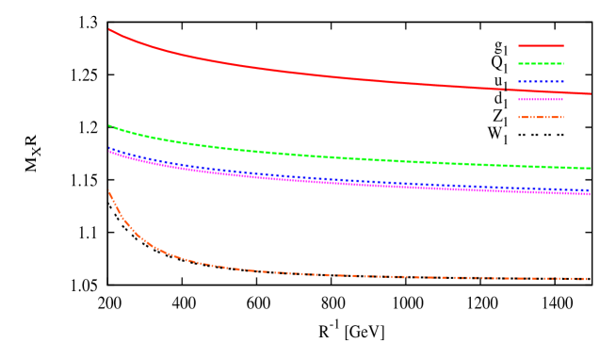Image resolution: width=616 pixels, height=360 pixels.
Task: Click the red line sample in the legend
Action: click(x=541, y=45)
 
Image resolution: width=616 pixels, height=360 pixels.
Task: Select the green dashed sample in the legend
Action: click(x=541, y=63)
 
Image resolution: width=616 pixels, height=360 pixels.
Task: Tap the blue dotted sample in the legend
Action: click(x=541, y=81)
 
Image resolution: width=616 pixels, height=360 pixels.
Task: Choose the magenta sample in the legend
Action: click(x=541, y=99)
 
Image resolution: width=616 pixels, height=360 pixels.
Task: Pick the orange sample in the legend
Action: click(x=541, y=117)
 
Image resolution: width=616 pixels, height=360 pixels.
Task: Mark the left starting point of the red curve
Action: click(x=109, y=29)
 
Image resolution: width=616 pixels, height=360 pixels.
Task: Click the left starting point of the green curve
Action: click(x=109, y=125)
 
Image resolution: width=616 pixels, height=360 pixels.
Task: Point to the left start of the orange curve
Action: click(x=109, y=192)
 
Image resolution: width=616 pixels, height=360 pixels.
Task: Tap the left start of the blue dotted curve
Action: click(x=109, y=148)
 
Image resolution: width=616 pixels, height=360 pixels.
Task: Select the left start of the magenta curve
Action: click(x=109, y=152)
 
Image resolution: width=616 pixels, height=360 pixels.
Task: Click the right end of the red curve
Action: click(x=591, y=94)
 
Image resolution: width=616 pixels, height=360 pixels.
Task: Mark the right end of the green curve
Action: click(x=591, y=169)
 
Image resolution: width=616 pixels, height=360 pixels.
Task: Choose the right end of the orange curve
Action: click(x=590, y=279)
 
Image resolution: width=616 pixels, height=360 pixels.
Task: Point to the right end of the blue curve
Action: click(x=591, y=190)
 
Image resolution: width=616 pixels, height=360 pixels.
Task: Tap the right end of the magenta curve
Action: click(x=591, y=194)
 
